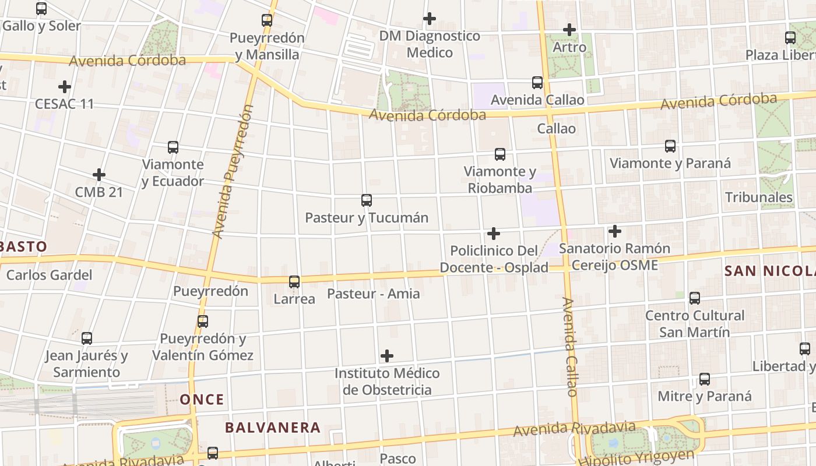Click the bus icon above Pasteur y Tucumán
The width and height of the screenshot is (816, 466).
pyautogui.click(x=367, y=200)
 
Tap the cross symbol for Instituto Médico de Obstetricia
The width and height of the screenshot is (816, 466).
pyautogui.click(x=386, y=356)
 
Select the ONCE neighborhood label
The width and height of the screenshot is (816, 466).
pyautogui.click(x=202, y=400)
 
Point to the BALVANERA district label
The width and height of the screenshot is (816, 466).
pyautogui.click(x=273, y=428)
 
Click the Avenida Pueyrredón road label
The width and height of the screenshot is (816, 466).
pyautogui.click(x=233, y=172)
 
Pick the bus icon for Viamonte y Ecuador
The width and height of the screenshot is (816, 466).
pyautogui.click(x=173, y=147)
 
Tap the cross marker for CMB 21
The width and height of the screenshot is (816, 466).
pyautogui.click(x=99, y=175)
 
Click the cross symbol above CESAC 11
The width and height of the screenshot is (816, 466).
pyautogui.click(x=65, y=87)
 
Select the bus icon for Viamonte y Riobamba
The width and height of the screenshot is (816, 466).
pyautogui.click(x=500, y=154)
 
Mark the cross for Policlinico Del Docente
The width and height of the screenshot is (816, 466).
pyautogui.click(x=494, y=234)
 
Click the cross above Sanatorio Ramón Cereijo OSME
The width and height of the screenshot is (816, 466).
pyautogui.click(x=614, y=232)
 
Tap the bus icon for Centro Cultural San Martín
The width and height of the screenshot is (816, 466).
pyautogui.click(x=695, y=298)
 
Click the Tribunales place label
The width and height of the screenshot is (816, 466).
pyautogui.click(x=758, y=197)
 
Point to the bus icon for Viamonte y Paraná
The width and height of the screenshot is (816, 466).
pyautogui.click(x=670, y=146)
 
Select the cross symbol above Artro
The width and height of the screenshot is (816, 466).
pyautogui.click(x=569, y=30)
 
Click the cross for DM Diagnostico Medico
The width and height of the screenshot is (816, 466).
pyautogui.click(x=430, y=19)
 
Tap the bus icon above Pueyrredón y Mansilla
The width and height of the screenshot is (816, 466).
pyautogui.click(x=267, y=20)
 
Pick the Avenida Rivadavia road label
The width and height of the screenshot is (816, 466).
pyautogui.click(x=574, y=429)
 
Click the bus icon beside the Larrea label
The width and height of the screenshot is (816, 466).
pyautogui.click(x=294, y=282)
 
